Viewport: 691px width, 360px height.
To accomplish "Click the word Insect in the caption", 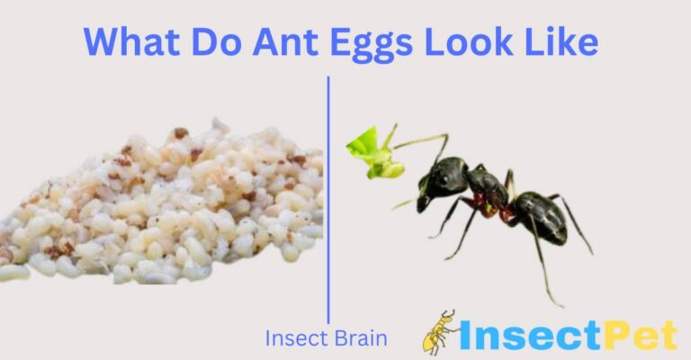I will (294, 339).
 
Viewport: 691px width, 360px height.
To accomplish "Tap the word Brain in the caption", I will (360, 339).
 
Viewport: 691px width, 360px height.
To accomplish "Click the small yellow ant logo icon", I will (441, 332).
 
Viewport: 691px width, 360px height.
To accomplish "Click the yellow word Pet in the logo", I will (644, 335).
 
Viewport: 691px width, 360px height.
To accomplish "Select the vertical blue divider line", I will (328, 198).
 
